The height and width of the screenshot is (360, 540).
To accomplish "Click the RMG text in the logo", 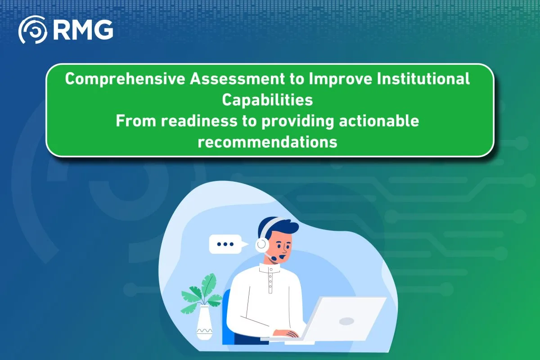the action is pos(83,30).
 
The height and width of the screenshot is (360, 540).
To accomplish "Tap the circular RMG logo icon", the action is pos(32,30).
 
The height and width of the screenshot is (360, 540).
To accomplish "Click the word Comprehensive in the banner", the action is pos(125,79).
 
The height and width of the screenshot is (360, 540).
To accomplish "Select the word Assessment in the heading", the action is pos(237,79).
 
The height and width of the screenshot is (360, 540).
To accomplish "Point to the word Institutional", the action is pos(423,78).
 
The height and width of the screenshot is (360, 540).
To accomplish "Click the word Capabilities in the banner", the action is pos(267,100).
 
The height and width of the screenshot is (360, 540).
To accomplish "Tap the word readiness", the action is pos(199,121).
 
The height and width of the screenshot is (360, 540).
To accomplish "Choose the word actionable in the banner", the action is pos(379,121).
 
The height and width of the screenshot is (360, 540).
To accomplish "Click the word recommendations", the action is pos(267,142).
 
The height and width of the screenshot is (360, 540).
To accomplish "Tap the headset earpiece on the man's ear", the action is pos(262,244).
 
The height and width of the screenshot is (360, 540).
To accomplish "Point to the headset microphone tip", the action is pos(274,258).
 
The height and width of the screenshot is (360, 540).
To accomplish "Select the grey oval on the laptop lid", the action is pos(346,321).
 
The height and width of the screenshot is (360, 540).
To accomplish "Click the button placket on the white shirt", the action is pos(270,280).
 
